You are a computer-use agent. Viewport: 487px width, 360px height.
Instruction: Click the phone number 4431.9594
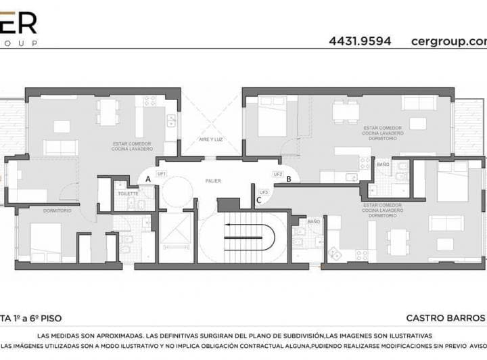click(360, 41)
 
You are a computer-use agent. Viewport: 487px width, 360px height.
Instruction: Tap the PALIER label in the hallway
click(214, 181)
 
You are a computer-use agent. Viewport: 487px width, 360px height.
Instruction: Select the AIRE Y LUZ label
click(211, 139)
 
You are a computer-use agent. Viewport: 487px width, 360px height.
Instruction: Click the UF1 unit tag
click(162, 174)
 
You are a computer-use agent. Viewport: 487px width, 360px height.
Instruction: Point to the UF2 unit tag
click(277, 174)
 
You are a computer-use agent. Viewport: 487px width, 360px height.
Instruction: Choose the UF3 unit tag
click(264, 192)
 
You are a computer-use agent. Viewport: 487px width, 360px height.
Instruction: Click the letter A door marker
click(148, 179)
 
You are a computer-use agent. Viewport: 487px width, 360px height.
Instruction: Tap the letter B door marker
click(289, 179)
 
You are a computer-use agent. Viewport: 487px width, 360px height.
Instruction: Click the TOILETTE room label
click(128, 194)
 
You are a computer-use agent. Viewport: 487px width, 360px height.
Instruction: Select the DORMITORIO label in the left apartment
click(57, 210)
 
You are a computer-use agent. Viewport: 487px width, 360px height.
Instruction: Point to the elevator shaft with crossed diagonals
click(177, 236)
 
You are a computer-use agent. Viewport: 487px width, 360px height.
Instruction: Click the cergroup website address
click(448, 41)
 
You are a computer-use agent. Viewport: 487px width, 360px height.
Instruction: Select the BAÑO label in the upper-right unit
click(383, 164)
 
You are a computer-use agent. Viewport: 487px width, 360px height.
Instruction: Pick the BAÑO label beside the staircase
click(314, 221)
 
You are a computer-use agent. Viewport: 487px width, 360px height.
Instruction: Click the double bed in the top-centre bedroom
click(271, 115)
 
